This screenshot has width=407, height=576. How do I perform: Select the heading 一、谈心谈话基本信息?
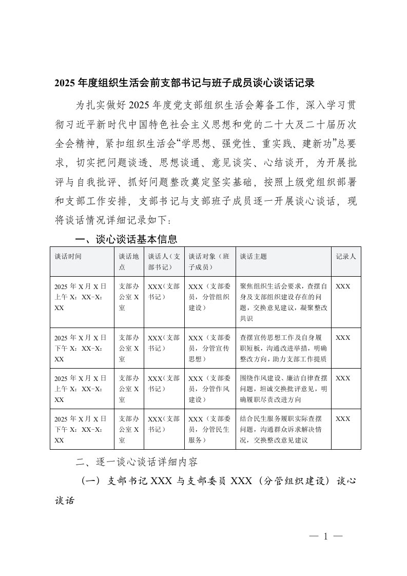126,239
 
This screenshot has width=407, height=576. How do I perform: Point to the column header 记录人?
345,256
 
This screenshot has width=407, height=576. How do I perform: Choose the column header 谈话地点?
129,261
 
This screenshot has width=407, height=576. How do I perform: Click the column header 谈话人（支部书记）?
164,261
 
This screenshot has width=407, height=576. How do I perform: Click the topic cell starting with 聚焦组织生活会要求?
283,302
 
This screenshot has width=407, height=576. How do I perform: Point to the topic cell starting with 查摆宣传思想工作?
283,348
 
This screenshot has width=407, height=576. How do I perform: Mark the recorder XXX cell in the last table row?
343,419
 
